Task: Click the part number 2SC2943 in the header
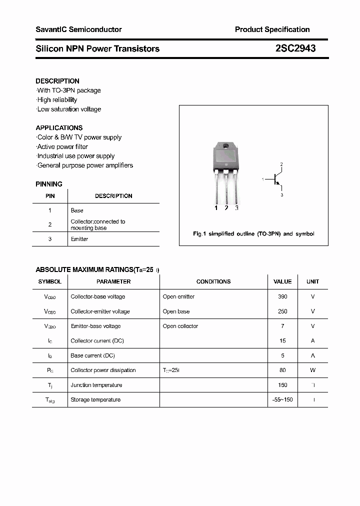(x=295, y=48)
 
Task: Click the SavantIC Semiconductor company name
(x=78, y=29)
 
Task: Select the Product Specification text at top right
(x=272, y=29)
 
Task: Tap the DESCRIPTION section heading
(x=57, y=81)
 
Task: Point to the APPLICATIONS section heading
(x=59, y=128)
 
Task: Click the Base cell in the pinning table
(x=77, y=210)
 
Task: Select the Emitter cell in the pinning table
(x=79, y=239)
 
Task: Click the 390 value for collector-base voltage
(x=282, y=296)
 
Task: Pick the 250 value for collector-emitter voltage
(x=282, y=311)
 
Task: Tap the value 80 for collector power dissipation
(x=282, y=370)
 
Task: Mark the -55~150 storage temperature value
(x=282, y=399)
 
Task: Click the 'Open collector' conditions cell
(x=180, y=326)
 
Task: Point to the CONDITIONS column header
(x=213, y=281)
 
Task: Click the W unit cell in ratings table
(x=313, y=370)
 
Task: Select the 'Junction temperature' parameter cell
(x=96, y=385)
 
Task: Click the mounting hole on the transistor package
(x=225, y=146)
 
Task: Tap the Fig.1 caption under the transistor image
(x=253, y=234)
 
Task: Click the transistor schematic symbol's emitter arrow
(x=278, y=183)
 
